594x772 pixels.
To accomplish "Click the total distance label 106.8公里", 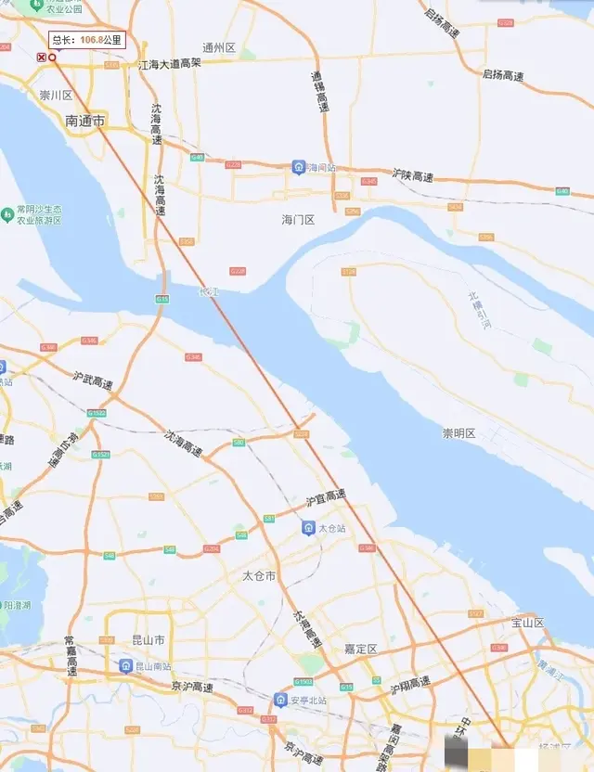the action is pos(85,40).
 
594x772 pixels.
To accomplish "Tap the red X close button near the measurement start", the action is pos(41,58).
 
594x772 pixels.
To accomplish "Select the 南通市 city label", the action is pos(85,121).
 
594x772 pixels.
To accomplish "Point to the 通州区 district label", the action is pos(219,46).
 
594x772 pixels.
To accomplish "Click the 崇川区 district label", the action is pos(56,96).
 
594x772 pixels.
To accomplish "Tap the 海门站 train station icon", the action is pos(299,167).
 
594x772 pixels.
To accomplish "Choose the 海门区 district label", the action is pos(298,220).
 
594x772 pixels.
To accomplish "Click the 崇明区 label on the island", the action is pos(458,433).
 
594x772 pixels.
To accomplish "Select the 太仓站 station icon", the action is pos(308,528).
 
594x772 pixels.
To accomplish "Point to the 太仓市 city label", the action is pos(259,575).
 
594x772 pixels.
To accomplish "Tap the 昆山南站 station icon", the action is pos(125,666).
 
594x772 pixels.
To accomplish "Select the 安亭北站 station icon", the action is pos(280,699).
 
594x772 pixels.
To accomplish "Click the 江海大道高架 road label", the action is pos(169,64).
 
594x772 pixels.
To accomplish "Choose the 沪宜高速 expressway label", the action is pos(326,497).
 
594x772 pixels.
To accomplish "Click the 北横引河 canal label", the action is pos(474,309).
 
